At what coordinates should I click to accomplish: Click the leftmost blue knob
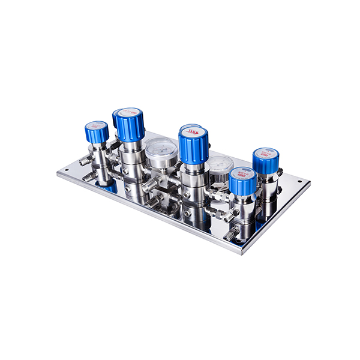coord(97,133)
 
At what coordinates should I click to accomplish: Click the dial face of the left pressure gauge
coord(160,154)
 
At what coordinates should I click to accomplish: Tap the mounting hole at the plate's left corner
coord(67,169)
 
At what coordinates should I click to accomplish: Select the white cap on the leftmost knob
coord(96,125)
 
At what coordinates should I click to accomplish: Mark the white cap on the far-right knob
coord(265,151)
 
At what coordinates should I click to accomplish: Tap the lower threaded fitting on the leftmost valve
coord(88,178)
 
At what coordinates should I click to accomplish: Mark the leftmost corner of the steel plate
coord(58,173)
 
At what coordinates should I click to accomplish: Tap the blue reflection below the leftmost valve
coord(109,188)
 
